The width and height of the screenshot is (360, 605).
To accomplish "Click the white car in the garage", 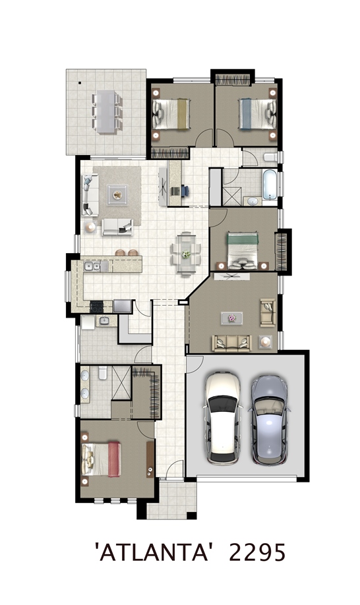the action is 222,417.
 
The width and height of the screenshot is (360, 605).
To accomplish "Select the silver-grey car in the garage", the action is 269,420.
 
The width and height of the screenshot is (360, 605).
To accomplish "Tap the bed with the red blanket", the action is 102,459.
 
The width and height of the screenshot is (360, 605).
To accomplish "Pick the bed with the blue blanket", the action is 257,114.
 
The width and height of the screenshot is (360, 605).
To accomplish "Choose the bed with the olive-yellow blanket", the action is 171,114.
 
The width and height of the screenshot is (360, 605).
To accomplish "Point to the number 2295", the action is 258,552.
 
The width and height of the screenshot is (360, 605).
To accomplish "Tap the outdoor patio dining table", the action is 105,111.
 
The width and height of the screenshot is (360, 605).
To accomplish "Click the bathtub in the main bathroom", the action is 270,184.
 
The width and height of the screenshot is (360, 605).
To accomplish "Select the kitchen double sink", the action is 92,266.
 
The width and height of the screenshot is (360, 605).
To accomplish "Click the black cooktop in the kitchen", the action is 97,306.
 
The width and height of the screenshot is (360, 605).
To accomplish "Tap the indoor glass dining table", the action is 186,254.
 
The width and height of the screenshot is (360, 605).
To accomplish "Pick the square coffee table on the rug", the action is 117,195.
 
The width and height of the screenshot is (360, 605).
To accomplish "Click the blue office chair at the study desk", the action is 185,190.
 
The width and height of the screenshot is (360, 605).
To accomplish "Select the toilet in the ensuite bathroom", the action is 102,373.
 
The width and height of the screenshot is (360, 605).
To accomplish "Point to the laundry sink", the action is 104,320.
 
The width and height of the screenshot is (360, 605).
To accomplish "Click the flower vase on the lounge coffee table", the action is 232,318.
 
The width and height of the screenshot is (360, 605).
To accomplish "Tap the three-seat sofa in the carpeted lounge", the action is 232,343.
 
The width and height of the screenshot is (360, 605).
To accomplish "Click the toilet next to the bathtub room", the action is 271,157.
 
